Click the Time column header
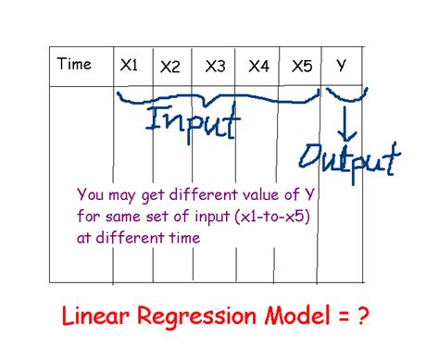[74, 65]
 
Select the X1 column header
[129, 65]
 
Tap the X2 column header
[170, 67]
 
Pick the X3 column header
[215, 67]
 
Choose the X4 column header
[258, 67]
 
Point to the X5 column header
[302, 67]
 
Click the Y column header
[341, 65]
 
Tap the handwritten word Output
[355, 156]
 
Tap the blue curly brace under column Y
[345, 96]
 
